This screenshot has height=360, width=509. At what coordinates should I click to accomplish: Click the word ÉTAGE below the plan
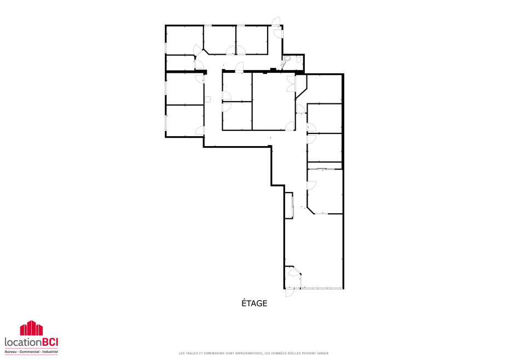pyautogui.click(x=254, y=303)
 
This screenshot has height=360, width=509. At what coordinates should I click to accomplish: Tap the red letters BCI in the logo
pyautogui.click(x=49, y=342)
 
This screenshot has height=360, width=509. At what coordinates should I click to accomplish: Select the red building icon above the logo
pyautogui.click(x=32, y=328)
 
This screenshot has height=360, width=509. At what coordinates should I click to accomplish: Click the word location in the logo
pyautogui.click(x=22, y=342)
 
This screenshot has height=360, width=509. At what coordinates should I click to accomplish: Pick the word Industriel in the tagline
pyautogui.click(x=50, y=352)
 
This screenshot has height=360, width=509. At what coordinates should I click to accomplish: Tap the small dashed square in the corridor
pyautogui.click(x=207, y=99)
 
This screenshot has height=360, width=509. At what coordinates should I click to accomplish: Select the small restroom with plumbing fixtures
pyautogui.click(x=293, y=62)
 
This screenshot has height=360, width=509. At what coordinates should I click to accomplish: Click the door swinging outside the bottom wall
pyautogui.click(x=289, y=293)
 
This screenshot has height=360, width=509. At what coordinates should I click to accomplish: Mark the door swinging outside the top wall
pyautogui.click(x=276, y=21)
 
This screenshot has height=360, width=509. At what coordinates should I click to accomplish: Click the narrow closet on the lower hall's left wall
pyautogui.click(x=288, y=206)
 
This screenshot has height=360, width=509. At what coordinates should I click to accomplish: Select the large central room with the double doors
pyautogui.click(x=273, y=101)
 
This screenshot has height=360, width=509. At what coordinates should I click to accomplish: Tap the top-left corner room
pyautogui.click(x=184, y=40)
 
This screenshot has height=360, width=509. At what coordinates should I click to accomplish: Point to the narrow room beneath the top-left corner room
pyautogui.click(x=180, y=63)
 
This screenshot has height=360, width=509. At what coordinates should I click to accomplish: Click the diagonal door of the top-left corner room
pyautogui.click(x=198, y=50)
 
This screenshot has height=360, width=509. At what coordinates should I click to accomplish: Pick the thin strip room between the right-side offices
pyautogui.click(x=325, y=166)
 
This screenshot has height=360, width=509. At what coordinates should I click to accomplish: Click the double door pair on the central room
pyautogui.click(x=291, y=84)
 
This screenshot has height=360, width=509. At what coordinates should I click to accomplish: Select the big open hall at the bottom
pyautogui.click(x=314, y=250)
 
